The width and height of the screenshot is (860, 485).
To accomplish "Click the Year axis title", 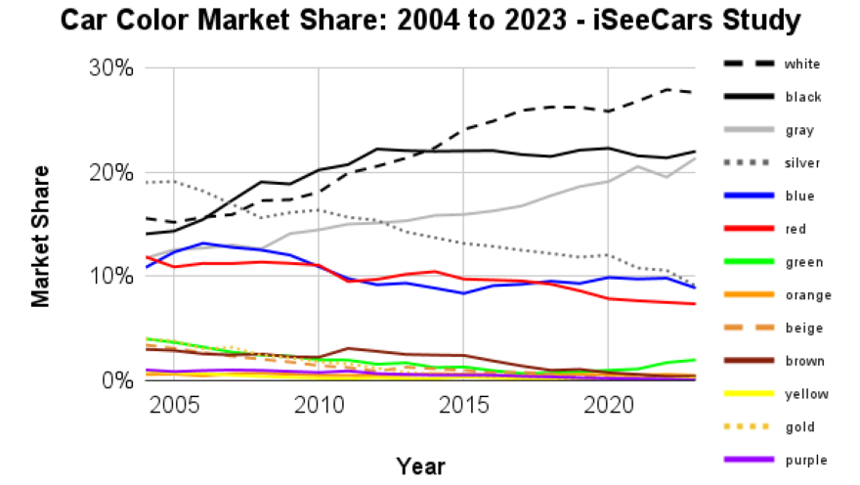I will pyautogui.click(x=420, y=464).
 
